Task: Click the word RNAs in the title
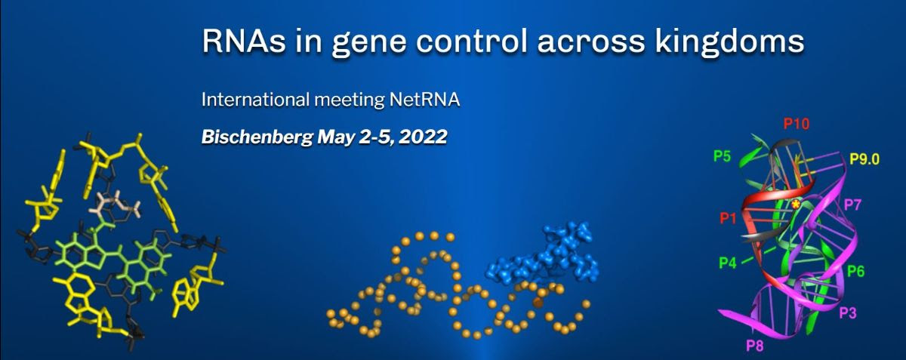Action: tap(244, 41)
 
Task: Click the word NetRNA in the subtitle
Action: tap(424, 100)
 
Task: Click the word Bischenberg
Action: tap(257, 137)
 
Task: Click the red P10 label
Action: tap(797, 123)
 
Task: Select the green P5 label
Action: tap(722, 156)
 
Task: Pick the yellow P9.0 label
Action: tap(864, 159)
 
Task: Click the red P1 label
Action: tap(729, 218)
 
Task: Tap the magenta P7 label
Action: tap(852, 205)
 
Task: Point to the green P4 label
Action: tap(728, 263)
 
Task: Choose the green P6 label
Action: tap(856, 271)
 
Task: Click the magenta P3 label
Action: tap(848, 312)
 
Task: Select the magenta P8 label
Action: tap(755, 346)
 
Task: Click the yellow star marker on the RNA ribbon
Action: tap(796, 205)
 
